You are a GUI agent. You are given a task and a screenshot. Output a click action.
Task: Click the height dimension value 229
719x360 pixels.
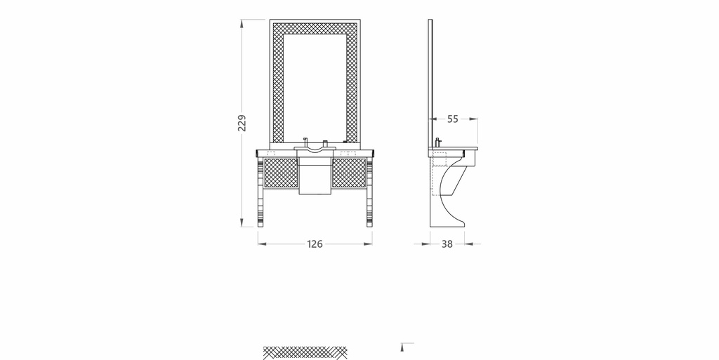pos(242,123)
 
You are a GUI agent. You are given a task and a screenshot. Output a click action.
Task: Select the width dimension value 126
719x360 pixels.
pos(315,244)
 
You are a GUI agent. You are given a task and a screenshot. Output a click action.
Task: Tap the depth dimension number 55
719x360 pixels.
pos(453,119)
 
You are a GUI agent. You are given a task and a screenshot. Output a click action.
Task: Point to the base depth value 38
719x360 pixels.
pos(447,244)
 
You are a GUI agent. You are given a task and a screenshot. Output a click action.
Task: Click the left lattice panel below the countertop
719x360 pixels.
pos(281,173)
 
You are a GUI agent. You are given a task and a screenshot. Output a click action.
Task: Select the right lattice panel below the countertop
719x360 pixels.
pos(349,173)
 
